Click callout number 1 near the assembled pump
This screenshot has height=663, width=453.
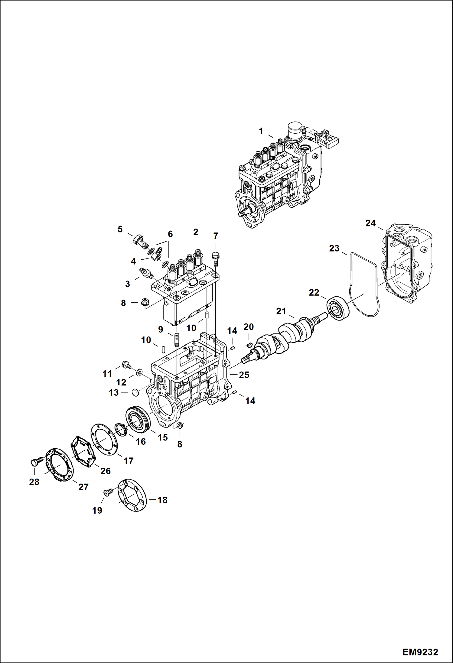point(261,131)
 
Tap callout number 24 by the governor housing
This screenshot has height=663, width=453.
point(370,223)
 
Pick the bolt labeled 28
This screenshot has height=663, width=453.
point(35,462)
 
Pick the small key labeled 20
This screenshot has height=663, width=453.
point(249,345)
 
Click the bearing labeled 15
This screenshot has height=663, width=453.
point(138,419)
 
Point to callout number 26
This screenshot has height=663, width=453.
point(105,471)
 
